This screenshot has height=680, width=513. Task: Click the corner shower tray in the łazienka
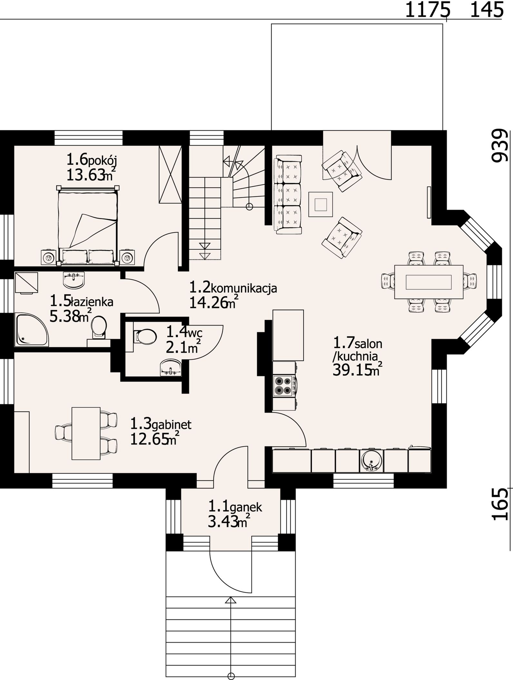32,331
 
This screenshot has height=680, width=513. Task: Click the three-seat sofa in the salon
288,194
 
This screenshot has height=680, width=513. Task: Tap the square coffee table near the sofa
321,205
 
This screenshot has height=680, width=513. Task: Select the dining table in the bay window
429,282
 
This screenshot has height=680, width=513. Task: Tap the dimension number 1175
427,10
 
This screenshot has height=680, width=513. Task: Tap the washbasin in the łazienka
74,280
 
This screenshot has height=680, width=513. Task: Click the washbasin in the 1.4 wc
171,368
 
